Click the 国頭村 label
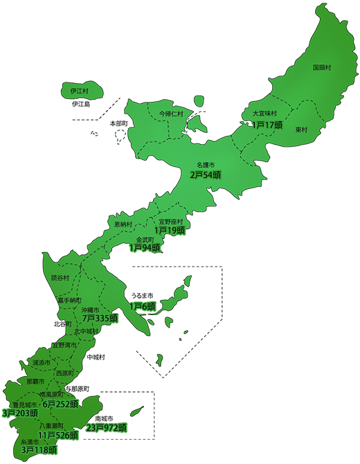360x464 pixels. click(323, 68)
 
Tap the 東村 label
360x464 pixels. click(301, 130)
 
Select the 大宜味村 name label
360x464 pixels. click(264, 114)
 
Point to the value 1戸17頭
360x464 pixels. click(267, 125)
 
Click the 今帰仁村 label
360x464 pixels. click(171, 113)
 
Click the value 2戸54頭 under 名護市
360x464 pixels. click(206, 175)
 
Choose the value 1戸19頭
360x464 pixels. click(170, 230)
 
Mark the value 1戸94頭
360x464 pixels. click(145, 247)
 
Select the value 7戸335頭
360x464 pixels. click(96, 318)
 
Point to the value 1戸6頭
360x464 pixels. click(143, 305)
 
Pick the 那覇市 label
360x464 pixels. click(35, 382)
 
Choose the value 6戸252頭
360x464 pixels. click(62, 404)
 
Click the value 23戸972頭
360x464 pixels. click(106, 428)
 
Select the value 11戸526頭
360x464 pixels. click(58, 436)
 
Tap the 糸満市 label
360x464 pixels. click(32, 441)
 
